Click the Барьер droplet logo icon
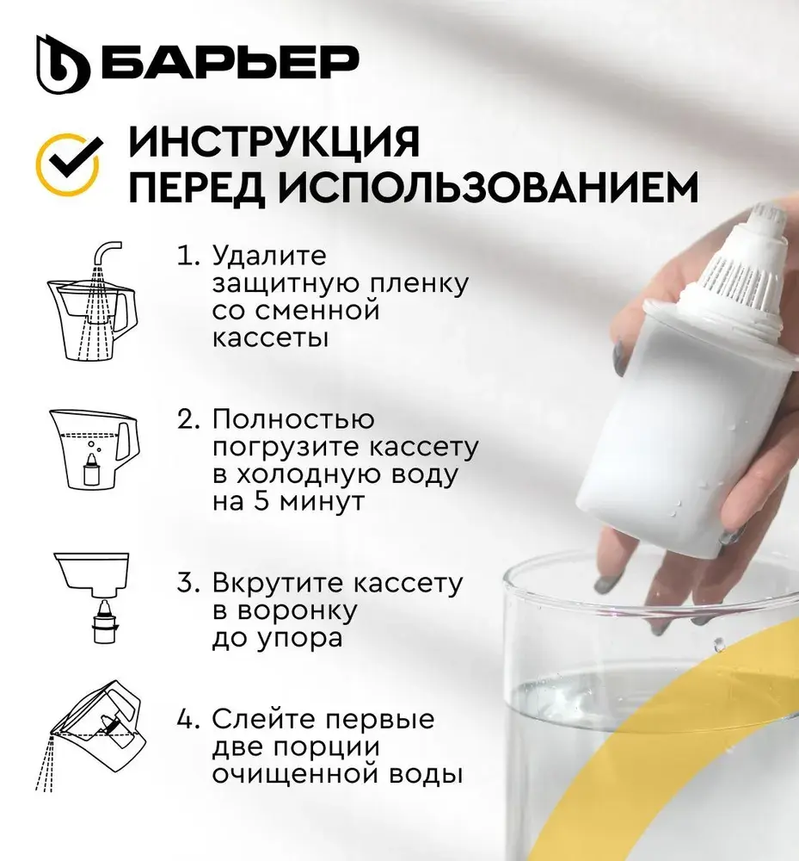pyautogui.click(x=63, y=65)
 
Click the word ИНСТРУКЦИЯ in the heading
pyautogui.click(x=274, y=142)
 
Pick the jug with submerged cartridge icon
pyautogui.click(x=95, y=449)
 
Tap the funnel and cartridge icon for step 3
pyautogui.click(x=92, y=598)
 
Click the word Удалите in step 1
pyautogui.click(x=269, y=256)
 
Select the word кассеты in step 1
pyautogui.click(x=270, y=338)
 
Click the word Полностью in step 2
pyautogui.click(x=293, y=419)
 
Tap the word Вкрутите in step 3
pyautogui.click(x=276, y=583)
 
